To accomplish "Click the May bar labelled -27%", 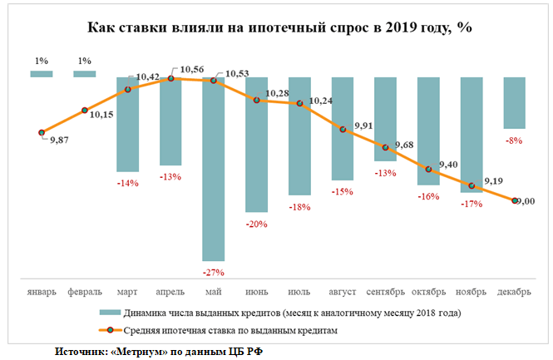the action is [214, 169].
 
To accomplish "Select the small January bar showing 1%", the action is [42, 74].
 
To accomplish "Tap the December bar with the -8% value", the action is [514, 102].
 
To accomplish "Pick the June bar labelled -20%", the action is [256, 145].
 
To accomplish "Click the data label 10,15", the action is [101, 115].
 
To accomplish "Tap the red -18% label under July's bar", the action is [299, 207].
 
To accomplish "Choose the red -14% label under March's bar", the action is [128, 183].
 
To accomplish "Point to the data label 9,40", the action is [448, 165].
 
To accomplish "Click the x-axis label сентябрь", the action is [385, 292].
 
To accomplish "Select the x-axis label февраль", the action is [85, 292].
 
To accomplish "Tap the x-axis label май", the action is [214, 292].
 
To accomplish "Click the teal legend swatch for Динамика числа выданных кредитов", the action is [110, 313].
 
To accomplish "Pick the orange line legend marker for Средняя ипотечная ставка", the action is [110, 330].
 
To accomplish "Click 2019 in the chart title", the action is [401, 27].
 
